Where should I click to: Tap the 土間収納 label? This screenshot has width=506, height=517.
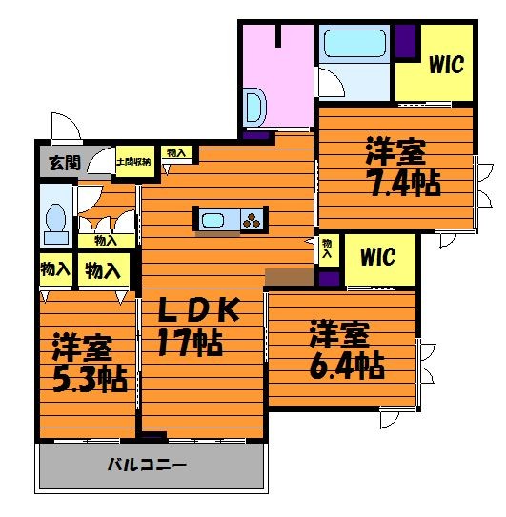[x=134, y=163]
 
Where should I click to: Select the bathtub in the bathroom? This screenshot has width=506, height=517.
[x=354, y=45]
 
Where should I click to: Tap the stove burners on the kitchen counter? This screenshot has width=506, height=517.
[x=253, y=220]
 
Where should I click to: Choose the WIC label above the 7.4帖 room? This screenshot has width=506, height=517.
[x=445, y=65]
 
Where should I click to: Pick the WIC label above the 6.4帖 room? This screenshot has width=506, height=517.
[x=378, y=257]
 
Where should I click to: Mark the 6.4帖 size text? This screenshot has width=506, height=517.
[x=349, y=364]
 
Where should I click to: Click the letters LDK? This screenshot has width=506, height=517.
[x=201, y=309]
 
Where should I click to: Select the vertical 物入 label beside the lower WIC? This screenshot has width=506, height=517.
[x=328, y=249]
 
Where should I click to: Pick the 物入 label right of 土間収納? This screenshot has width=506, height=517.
[x=175, y=152]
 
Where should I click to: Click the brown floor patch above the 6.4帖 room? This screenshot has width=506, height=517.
[x=289, y=277]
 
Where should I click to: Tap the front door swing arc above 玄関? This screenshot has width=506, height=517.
[x=63, y=128]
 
